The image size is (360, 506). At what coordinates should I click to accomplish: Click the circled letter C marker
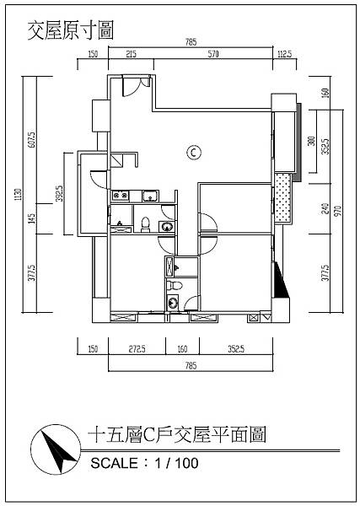tap(194, 152)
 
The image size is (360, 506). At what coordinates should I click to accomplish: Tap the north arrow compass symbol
tap(55, 449)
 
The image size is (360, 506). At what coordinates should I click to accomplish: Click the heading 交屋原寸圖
tap(71, 30)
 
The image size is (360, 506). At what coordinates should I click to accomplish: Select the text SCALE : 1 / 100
tap(144, 463)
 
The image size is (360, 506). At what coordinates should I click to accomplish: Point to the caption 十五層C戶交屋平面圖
tap(177, 434)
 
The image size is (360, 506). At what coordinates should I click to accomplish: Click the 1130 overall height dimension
tap(18, 195)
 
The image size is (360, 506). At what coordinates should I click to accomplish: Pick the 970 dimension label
tap(337, 211)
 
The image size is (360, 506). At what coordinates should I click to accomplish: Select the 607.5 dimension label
tap(32, 140)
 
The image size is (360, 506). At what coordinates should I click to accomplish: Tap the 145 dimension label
tap(31, 218)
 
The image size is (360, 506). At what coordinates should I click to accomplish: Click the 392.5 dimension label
tap(59, 193)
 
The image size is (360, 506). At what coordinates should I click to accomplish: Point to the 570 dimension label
tap(213, 54)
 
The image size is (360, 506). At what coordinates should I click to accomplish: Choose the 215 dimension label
tap(131, 54)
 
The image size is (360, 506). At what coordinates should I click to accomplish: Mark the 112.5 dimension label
tap(284, 54)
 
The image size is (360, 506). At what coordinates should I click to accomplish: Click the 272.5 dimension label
tap(137, 349)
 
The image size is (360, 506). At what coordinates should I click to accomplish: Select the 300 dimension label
tap(311, 141)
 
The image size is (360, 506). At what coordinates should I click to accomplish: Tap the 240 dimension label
tap(325, 209)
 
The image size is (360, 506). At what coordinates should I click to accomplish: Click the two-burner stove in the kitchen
tap(121, 196)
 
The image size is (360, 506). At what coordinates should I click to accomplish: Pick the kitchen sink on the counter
tap(151, 196)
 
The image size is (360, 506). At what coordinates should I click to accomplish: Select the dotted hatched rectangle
tap(282, 197)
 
